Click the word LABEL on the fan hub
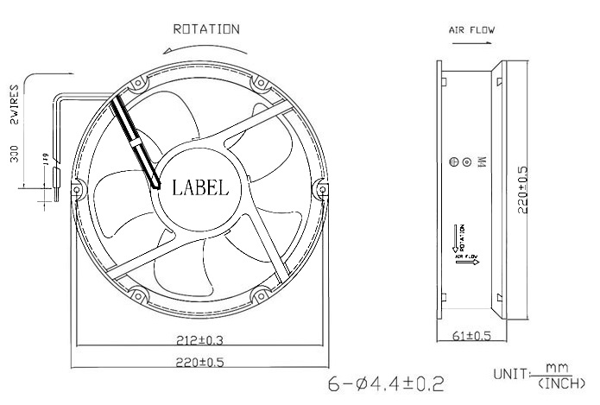(200, 187)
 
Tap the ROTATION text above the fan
(206, 28)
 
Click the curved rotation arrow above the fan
(204, 50)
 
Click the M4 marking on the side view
(482, 161)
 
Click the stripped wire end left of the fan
(54, 183)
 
